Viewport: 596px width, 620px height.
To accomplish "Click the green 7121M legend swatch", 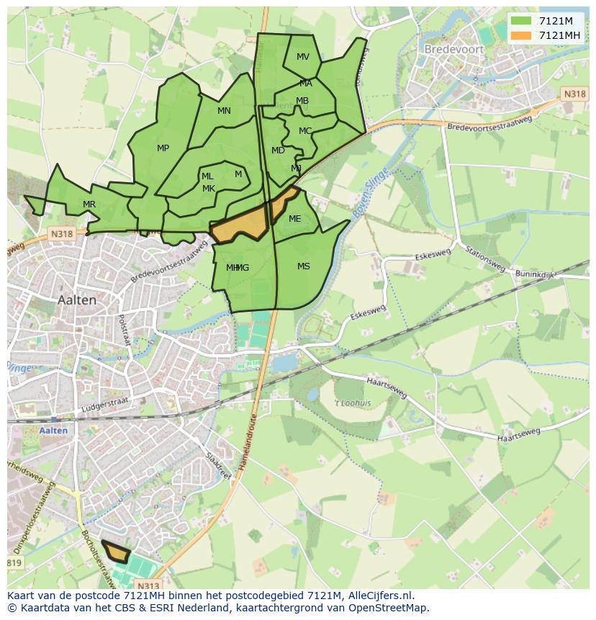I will (x=521, y=20).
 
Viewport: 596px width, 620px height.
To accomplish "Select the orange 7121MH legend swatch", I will (x=521, y=35).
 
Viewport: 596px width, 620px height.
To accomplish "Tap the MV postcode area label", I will (x=303, y=57).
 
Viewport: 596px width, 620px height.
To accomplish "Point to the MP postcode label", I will (x=163, y=148).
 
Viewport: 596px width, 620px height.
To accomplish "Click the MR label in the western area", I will (x=89, y=205).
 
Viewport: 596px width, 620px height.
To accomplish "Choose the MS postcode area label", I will (x=304, y=266).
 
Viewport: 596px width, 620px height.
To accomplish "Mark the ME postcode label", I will (x=295, y=219).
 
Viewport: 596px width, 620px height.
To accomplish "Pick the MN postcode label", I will (x=224, y=111).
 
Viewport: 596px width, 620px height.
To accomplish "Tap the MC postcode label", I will (x=305, y=131).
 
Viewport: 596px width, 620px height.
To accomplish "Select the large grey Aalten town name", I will (x=77, y=300).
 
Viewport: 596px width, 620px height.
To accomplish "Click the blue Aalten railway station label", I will (x=54, y=431).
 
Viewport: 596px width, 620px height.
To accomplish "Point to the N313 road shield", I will (x=148, y=585).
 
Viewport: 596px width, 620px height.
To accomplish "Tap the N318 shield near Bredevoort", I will (x=574, y=94).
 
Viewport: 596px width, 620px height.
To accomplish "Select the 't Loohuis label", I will (x=353, y=403).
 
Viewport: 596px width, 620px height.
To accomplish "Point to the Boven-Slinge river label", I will (x=369, y=191).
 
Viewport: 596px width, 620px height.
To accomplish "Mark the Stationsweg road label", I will (x=484, y=260).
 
